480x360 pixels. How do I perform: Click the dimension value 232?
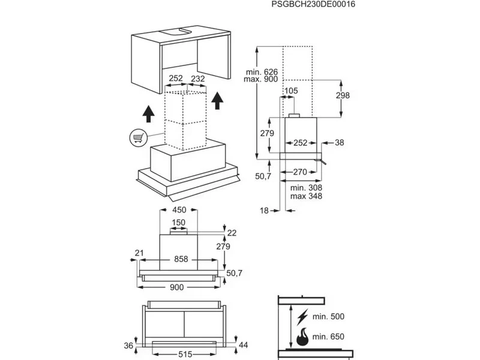click(x=197, y=79)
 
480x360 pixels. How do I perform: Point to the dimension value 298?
click(x=343, y=96)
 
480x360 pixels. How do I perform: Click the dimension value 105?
click(x=291, y=91)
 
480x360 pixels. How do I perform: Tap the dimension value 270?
click(x=301, y=172)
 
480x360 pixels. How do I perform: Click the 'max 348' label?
click(x=303, y=197)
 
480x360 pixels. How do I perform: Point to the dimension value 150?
click(x=179, y=223)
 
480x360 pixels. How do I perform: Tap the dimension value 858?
click(x=181, y=259)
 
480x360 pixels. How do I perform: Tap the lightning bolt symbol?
click(x=302, y=315)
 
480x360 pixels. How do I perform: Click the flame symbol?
click(x=302, y=336)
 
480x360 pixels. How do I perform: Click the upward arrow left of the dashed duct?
click(x=146, y=113)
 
